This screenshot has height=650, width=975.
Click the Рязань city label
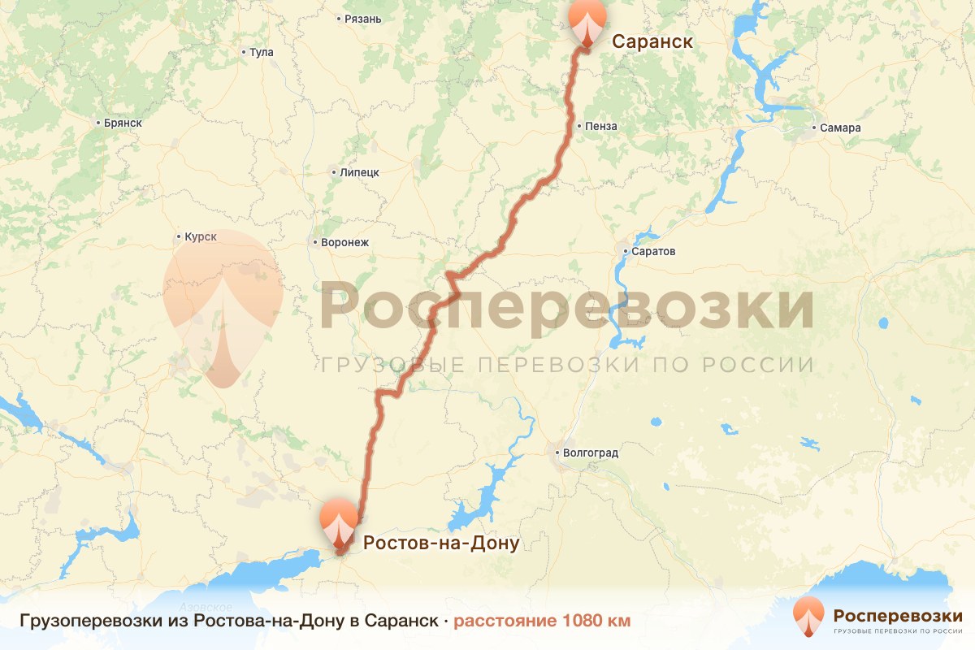362,18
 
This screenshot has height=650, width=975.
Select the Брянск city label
123,123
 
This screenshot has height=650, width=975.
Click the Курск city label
200,236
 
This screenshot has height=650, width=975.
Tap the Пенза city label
601,126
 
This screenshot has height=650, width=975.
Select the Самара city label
840,128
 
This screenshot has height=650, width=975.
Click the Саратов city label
654,251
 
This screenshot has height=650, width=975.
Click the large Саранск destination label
652,41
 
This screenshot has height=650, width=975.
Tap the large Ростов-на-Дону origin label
440,543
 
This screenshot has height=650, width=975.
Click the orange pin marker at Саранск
587,22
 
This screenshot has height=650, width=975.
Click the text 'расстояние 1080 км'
542,622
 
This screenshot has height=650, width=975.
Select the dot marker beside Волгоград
558,453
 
